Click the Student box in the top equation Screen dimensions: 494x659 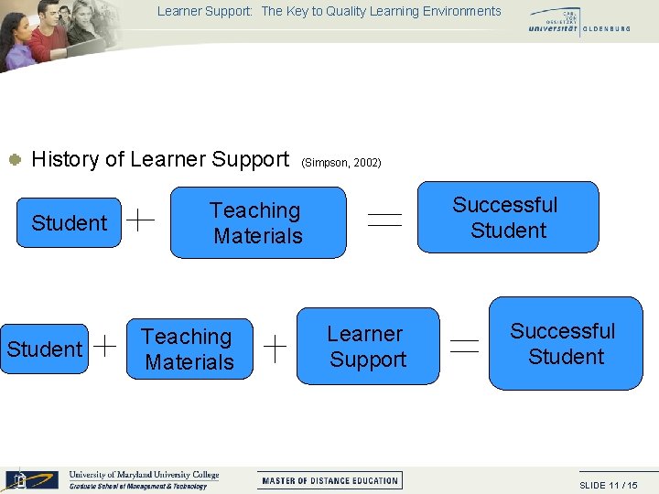pos(70,222)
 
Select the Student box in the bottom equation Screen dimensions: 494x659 pos(45,349)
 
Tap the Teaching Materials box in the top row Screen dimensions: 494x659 pos(258,223)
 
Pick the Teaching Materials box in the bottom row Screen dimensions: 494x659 pos(189,349)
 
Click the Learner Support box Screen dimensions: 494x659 pos(367,347)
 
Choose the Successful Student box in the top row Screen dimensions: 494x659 pos(507,217)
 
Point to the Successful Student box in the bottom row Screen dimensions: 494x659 pos(565,343)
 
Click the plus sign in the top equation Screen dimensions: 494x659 pos(139,218)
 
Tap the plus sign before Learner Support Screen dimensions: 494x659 pos(276,345)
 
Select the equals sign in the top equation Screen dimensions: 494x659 pos(384,218)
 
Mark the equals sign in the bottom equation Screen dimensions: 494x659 pos(465,345)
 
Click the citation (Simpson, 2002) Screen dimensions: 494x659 pos(340,163)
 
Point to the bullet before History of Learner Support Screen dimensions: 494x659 pos(15,160)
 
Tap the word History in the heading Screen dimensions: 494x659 pos(66,159)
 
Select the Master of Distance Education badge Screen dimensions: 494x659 pos(330,480)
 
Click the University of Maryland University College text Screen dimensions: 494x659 pos(144,475)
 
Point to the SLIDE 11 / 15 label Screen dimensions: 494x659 pos(609,485)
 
